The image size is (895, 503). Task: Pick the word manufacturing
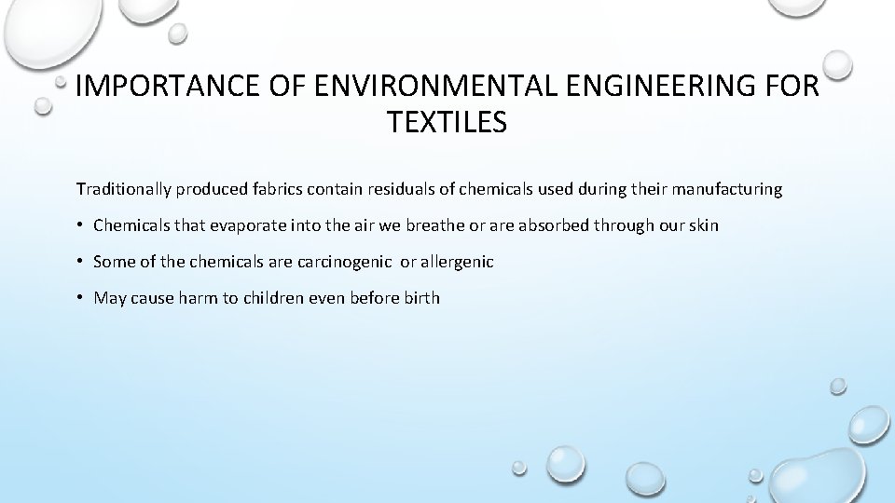[x=729, y=189]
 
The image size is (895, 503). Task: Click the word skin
[x=703, y=225]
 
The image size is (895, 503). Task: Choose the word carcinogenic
[x=347, y=262]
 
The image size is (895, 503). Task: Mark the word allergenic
[x=459, y=262]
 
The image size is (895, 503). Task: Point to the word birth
[x=420, y=298]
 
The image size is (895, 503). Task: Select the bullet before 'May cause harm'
[x=81, y=298]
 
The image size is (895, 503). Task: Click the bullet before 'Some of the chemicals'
[x=81, y=262]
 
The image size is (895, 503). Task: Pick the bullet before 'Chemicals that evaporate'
[x=81, y=225]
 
